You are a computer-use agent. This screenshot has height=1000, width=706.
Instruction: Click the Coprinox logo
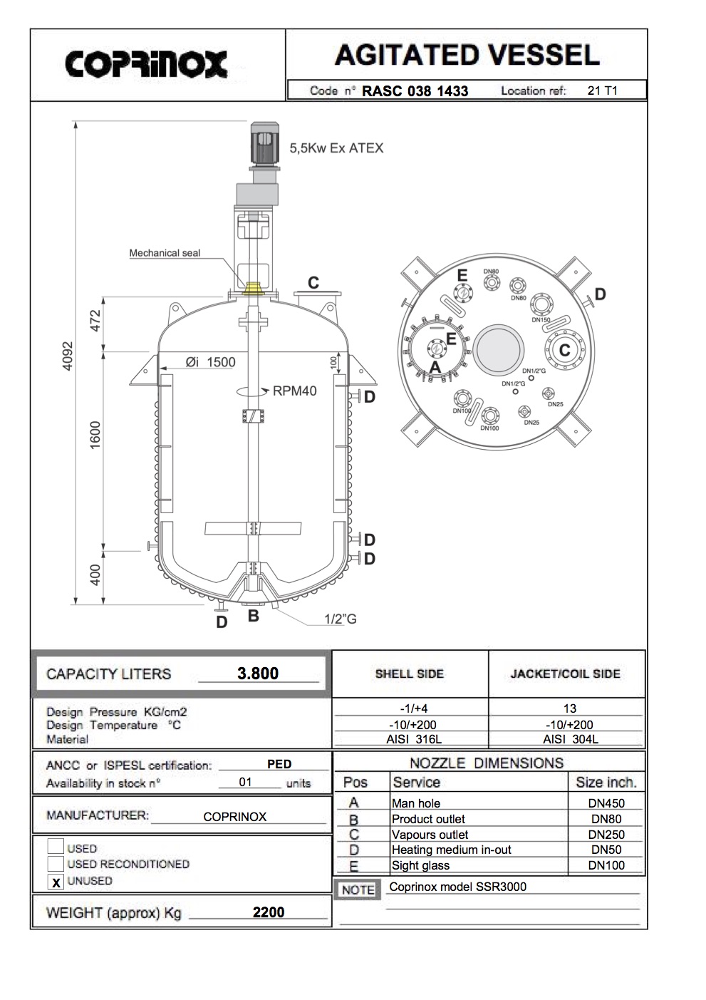[146, 64]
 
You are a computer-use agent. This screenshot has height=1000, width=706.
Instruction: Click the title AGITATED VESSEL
[467, 55]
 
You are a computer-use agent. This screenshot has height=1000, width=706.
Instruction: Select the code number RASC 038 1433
[415, 91]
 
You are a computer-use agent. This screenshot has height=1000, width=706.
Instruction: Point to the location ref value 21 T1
[602, 91]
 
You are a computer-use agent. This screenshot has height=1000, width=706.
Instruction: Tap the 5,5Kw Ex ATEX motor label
[336, 148]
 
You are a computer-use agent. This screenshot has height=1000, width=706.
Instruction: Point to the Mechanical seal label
[165, 253]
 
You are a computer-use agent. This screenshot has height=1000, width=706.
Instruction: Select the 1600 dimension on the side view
[95, 435]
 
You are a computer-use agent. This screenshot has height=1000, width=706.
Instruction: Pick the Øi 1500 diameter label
[210, 362]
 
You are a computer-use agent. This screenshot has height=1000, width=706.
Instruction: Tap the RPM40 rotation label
[294, 391]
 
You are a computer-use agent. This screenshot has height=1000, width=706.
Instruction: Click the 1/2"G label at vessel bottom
[340, 619]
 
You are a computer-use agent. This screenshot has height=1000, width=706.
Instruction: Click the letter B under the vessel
[253, 616]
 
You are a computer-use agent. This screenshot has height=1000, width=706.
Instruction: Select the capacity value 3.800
[258, 674]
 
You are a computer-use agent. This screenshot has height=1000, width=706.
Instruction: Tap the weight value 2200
[269, 912]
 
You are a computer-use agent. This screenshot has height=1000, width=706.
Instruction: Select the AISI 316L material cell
[410, 739]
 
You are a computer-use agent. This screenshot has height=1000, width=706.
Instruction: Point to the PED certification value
[279, 764]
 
